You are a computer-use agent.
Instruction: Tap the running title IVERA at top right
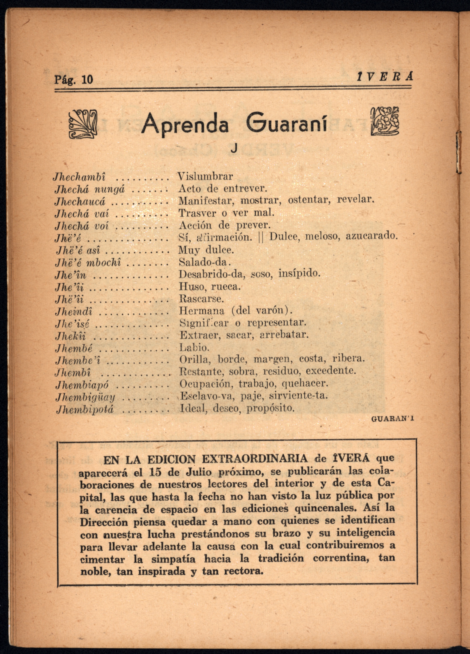[x=384, y=77]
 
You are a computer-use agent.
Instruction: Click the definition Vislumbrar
[x=205, y=176]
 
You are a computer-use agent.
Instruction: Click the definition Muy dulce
[x=206, y=250]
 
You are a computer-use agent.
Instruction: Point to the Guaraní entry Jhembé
[x=74, y=348]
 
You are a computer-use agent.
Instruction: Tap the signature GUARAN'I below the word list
[x=393, y=419]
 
